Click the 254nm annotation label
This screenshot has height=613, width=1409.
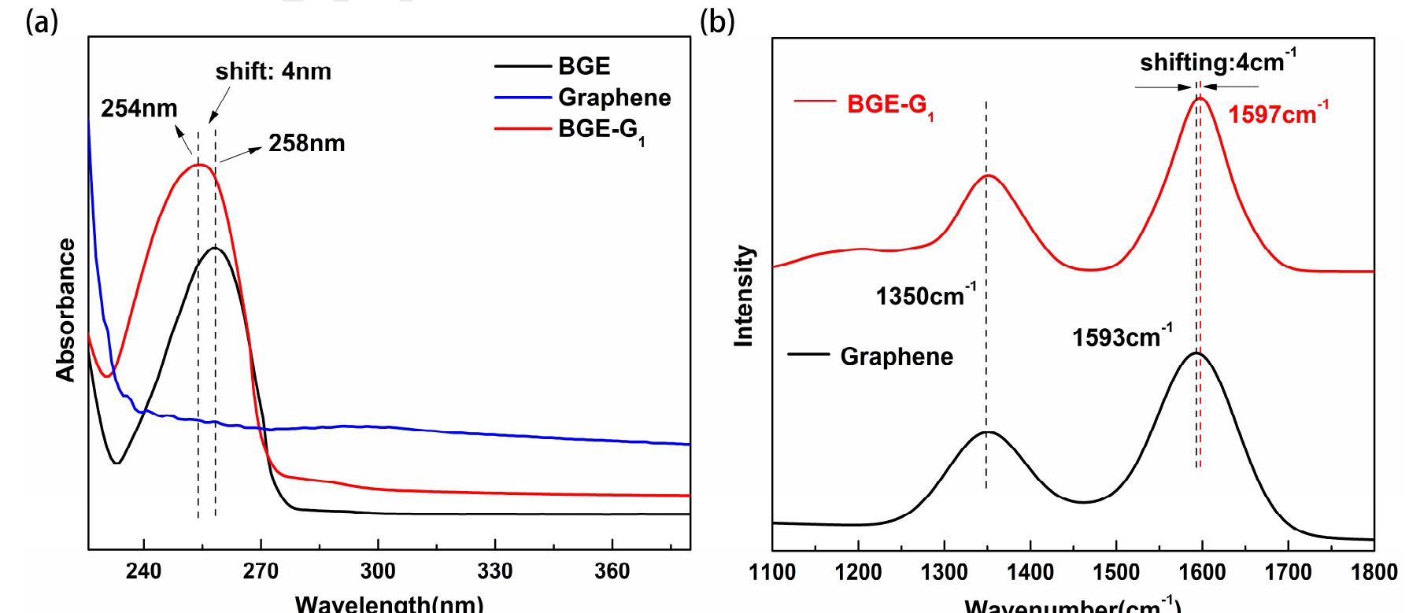pos(139,109)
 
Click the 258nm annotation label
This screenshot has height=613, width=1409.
pos(306,143)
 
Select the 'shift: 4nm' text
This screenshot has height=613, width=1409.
pos(273,72)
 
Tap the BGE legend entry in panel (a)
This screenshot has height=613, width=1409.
pos(583,66)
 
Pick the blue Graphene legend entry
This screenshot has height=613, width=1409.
pos(614,98)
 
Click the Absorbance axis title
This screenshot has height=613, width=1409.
pos(66,310)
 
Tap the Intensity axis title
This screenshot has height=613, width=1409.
pos(744,296)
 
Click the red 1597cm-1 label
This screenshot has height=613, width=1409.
pos(1278,114)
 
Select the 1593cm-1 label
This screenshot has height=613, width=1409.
pos(1121,338)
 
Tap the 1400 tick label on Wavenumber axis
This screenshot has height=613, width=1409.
pos(1030,572)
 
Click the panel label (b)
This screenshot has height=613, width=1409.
pos(716,22)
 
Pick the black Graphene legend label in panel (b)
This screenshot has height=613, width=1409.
pos(896,356)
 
